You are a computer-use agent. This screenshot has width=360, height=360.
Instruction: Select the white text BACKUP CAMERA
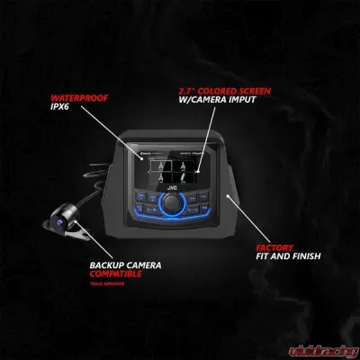[114, 265]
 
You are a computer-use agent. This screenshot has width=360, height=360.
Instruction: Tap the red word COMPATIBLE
[114, 275]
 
